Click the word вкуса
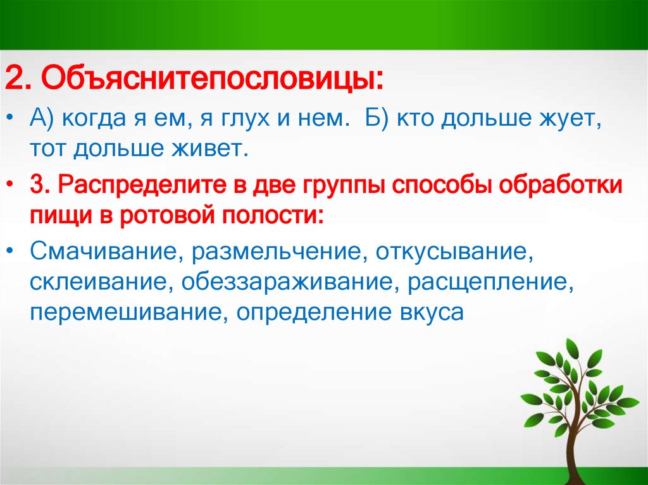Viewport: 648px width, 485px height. pyautogui.click(x=428, y=312)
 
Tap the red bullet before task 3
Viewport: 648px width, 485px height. pyautogui.click(x=12, y=187)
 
